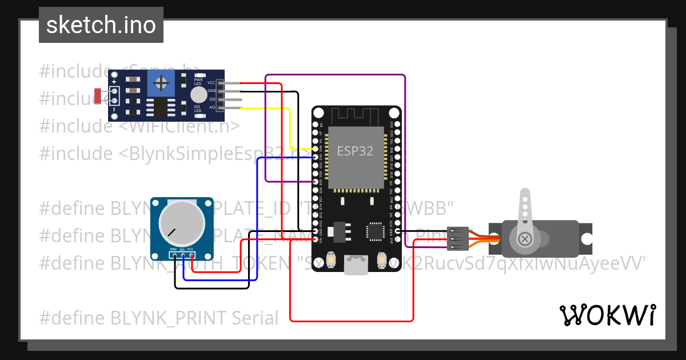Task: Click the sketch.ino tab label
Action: point(101,25)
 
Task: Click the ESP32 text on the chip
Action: point(354,151)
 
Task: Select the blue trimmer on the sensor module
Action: point(163,84)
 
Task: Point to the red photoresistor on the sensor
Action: point(98,96)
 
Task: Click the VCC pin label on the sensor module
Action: point(211,83)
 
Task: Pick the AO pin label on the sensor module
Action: point(212,107)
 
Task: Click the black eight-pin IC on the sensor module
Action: point(161,108)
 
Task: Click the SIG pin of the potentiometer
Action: point(182,250)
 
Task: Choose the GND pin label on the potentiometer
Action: point(173,250)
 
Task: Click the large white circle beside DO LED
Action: point(198,95)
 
